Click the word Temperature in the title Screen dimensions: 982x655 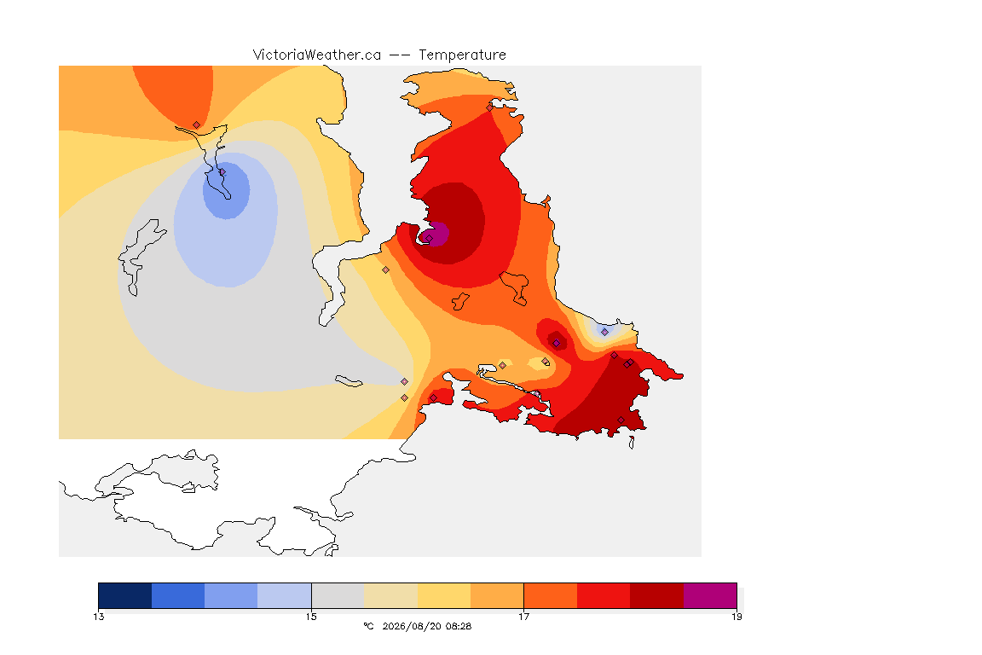[462, 55]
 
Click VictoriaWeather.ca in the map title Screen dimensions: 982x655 [317, 55]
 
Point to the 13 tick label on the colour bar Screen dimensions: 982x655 [99, 617]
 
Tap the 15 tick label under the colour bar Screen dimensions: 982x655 [311, 617]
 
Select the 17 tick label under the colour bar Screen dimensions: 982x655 [523, 617]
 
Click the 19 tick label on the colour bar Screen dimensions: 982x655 [736, 617]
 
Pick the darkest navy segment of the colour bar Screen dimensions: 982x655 [125, 595]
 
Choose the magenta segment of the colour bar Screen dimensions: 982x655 [710, 595]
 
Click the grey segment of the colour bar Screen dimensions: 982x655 [338, 595]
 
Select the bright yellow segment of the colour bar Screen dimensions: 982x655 [444, 595]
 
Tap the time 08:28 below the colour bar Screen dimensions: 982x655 [457, 626]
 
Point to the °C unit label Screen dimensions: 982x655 [368, 626]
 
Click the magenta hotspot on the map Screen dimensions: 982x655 [436, 234]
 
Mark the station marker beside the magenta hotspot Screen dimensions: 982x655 [429, 239]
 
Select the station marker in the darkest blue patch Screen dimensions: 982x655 [222, 171]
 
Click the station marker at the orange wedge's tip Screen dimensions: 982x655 [197, 125]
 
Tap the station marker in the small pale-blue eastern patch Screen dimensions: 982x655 [604, 333]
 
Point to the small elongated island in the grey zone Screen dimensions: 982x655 [349, 381]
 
